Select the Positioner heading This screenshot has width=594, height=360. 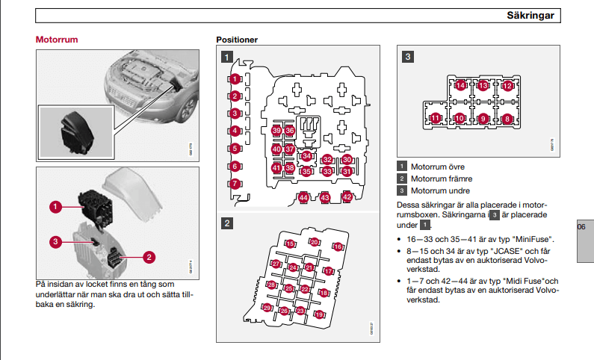pyautogui.click(x=237, y=40)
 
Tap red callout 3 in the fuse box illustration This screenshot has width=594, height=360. pyautogui.click(x=55, y=240)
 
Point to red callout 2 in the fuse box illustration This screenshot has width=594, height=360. pyautogui.click(x=149, y=257)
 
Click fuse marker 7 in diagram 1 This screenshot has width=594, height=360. pyautogui.click(x=235, y=184)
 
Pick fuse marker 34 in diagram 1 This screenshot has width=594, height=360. pyautogui.click(x=307, y=156)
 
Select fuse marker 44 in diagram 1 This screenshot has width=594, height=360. pyautogui.click(x=303, y=198)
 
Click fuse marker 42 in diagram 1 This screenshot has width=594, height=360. pyautogui.click(x=347, y=197)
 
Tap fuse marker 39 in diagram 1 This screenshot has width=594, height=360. pyautogui.click(x=276, y=131)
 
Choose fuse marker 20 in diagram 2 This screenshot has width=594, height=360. pyautogui.click(x=315, y=242)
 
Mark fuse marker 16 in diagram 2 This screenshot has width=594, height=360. pyautogui.click(x=338, y=246)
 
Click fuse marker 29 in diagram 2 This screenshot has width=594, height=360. pyautogui.click(x=267, y=307)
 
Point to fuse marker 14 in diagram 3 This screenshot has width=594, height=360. pyautogui.click(x=461, y=86)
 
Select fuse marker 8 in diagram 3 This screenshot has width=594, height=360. pyautogui.click(x=507, y=118)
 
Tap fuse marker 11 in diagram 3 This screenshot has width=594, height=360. pyautogui.click(x=436, y=118)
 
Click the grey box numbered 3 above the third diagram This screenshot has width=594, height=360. pyautogui.click(x=408, y=56)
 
